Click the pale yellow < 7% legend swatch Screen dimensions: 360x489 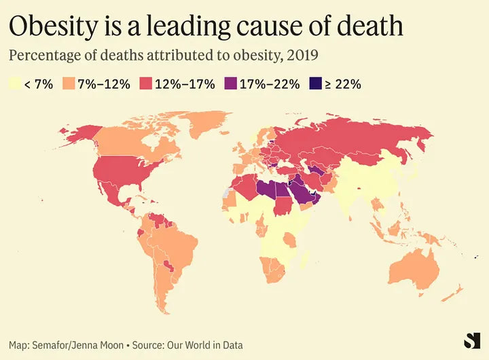pos(15,85)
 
